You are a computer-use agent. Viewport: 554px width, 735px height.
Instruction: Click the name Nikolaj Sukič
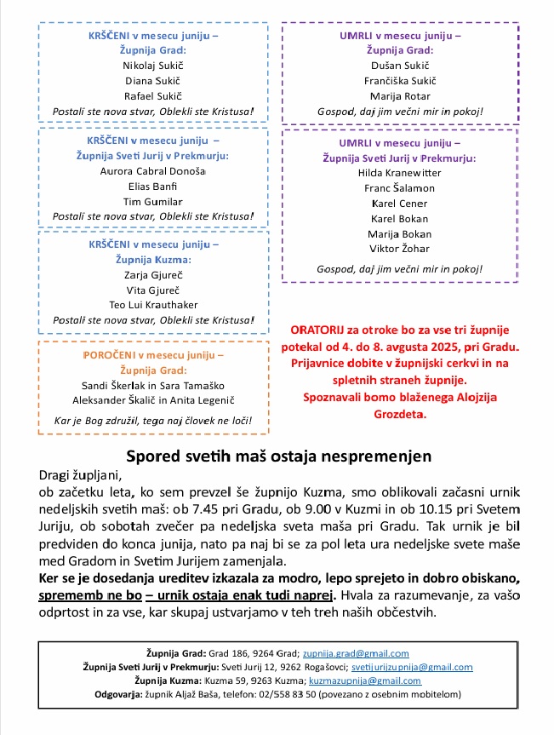153,66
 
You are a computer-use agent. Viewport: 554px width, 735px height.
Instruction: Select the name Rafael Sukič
153,96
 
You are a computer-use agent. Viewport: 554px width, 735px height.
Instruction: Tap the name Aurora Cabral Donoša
153,170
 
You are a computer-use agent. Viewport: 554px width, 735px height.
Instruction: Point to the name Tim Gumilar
153,201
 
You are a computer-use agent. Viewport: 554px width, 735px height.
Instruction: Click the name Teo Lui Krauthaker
153,305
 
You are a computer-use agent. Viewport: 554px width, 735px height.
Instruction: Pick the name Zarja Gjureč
153,274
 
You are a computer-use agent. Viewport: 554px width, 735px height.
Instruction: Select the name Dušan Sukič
400,65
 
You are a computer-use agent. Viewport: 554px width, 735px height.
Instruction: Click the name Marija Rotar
400,95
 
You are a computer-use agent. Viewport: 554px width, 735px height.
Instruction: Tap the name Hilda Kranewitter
400,173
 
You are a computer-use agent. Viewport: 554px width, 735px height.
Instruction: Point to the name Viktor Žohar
400,249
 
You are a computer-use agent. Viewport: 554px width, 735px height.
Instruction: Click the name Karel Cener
400,204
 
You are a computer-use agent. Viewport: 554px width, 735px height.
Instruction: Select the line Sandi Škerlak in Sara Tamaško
153,385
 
